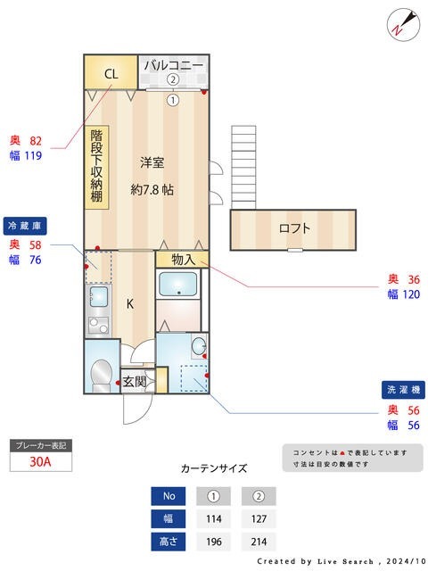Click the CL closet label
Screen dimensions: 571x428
click(x=111, y=74)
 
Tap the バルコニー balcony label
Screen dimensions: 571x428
click(x=173, y=65)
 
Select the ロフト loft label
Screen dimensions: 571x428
click(x=294, y=228)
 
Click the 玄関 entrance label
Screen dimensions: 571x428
click(x=134, y=381)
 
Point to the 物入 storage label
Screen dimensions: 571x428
click(x=182, y=259)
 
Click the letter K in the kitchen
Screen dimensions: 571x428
click(x=130, y=304)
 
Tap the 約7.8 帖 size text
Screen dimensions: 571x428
click(x=152, y=189)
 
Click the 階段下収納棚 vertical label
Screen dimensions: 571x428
click(x=96, y=168)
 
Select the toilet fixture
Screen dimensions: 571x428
click(x=103, y=372)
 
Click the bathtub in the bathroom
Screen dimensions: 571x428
click(x=180, y=285)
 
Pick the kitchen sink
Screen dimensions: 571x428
click(x=99, y=297)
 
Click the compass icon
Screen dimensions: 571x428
click(x=400, y=24)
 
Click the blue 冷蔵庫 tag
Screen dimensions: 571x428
click(x=26, y=225)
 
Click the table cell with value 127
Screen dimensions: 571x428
click(x=259, y=519)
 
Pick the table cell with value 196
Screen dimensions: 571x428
click(x=214, y=542)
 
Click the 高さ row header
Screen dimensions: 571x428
click(x=169, y=542)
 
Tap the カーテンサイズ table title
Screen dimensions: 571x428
click(x=213, y=468)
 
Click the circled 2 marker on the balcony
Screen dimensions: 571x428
click(x=173, y=79)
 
